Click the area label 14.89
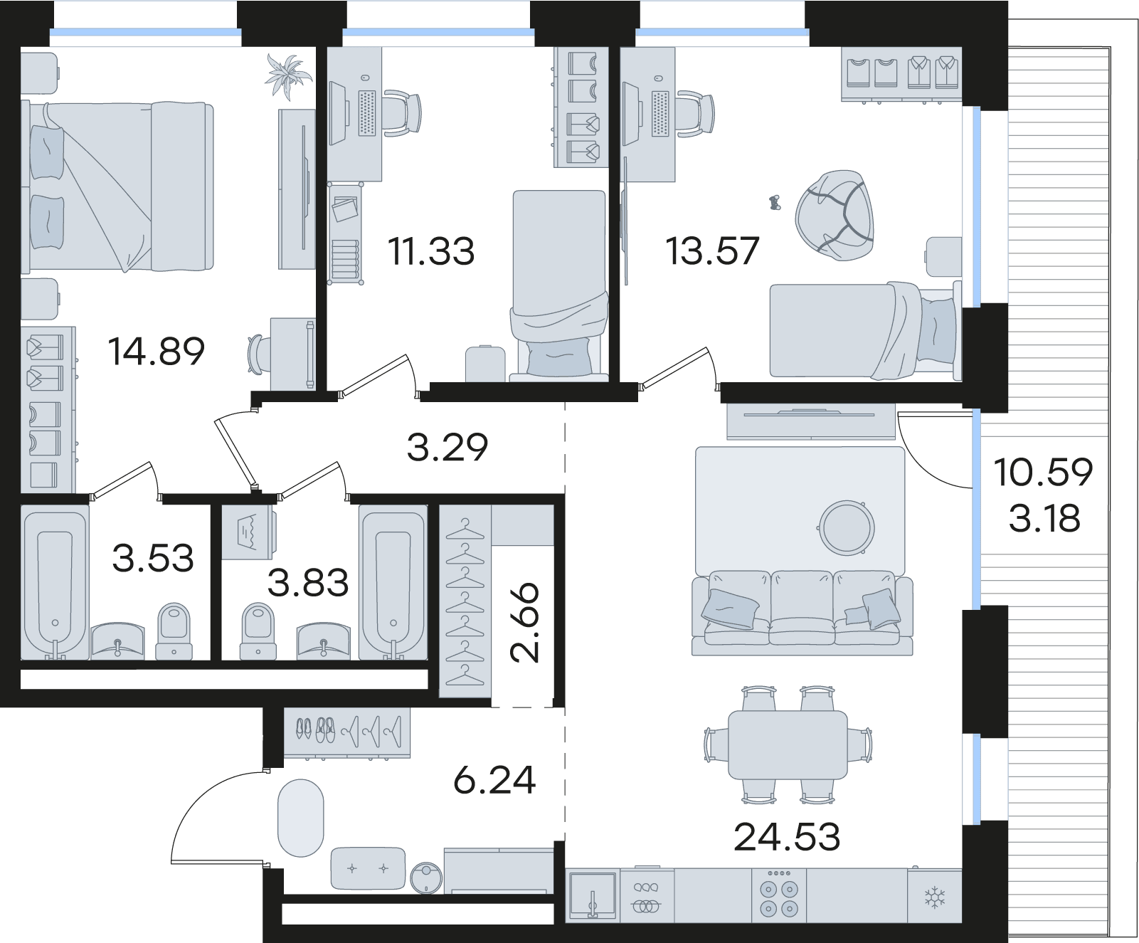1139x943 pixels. coord(157,351)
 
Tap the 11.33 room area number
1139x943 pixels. coord(431,251)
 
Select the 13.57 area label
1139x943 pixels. coord(713,251)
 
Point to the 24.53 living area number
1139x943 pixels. coord(787,837)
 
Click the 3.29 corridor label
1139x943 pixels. coord(447,447)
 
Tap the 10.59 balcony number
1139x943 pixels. coord(1043,473)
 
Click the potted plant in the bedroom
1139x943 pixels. coord(288,75)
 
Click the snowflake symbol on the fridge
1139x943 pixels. coord(933,899)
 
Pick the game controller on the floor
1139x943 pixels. coord(773,203)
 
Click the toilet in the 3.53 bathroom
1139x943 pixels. coord(174,630)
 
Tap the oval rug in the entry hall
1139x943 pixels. coord(301,818)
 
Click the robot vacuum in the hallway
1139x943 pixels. coord(427,877)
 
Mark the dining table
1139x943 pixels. coord(788,744)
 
